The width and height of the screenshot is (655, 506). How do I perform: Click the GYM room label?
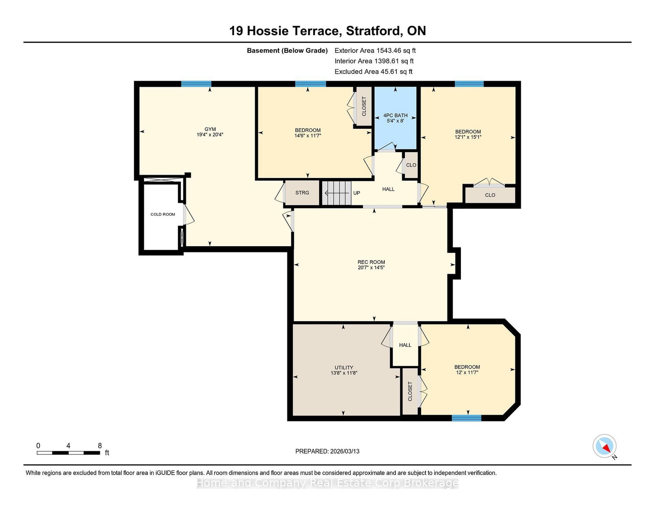tap(210, 129)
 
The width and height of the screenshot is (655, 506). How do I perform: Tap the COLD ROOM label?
tap(163, 214)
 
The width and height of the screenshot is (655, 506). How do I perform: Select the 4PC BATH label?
tap(395, 115)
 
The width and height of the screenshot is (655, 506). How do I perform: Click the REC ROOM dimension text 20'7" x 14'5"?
tap(371, 268)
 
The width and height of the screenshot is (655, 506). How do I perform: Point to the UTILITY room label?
tap(344, 367)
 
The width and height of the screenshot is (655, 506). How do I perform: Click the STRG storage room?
tap(302, 193)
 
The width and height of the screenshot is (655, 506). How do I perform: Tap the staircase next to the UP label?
tap(337, 193)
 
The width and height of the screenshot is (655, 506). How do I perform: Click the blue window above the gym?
tap(196, 84)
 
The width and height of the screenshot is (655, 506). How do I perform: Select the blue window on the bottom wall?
tap(466, 418)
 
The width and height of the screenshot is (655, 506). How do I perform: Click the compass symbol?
tap(604, 446)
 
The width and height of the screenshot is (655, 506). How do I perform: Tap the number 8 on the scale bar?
tap(100, 445)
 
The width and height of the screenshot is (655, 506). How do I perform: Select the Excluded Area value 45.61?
tap(388, 72)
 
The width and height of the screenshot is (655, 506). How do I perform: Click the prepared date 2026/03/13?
tap(345, 451)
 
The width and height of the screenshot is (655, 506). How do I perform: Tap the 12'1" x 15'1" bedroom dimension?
tap(468, 137)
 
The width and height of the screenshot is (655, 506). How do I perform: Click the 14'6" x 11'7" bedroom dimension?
tap(308, 135)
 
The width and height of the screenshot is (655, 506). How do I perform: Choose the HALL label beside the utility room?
tap(405, 345)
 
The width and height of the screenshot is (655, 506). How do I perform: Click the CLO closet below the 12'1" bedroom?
tap(490, 195)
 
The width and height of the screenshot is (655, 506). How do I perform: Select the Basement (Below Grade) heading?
tap(287, 51)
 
